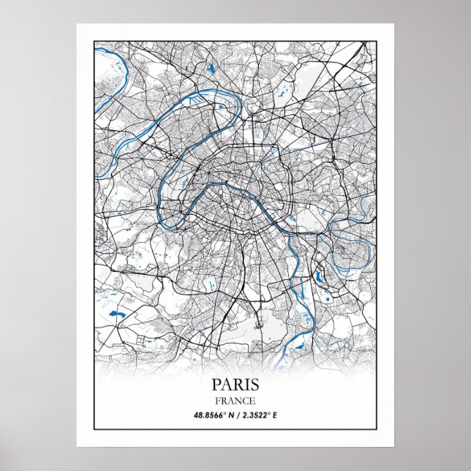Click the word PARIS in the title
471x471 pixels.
coord(235,384)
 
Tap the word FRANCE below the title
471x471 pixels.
coord(235,400)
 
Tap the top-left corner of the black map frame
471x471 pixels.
coord(94,42)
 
